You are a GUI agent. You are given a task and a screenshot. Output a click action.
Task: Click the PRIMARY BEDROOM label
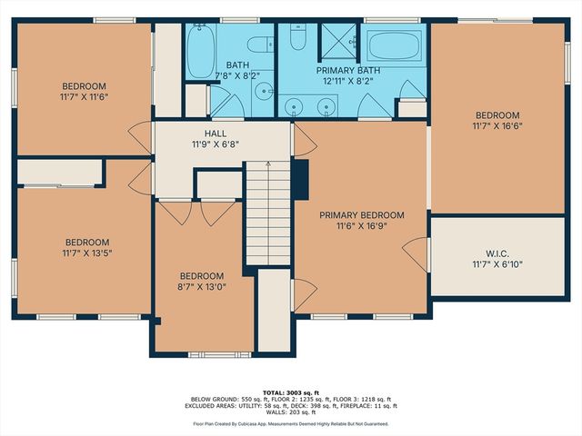(361, 215)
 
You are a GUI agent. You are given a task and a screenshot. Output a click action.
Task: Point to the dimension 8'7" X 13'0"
(201, 287)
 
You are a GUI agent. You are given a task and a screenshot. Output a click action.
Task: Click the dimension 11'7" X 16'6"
(497, 126)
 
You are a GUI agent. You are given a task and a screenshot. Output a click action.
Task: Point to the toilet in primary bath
(298, 38)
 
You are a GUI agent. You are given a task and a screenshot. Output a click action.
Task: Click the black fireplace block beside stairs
(302, 173)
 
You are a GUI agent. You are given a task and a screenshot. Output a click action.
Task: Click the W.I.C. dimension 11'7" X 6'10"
(497, 265)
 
